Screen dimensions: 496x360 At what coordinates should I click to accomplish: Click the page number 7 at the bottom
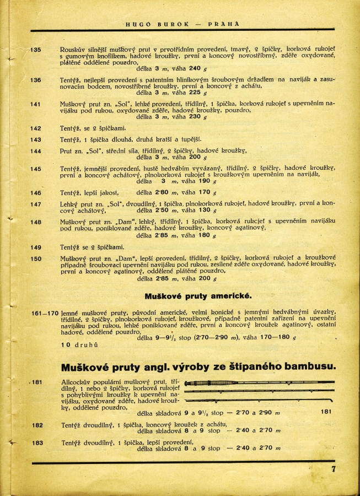pyautogui.click(x=334, y=469)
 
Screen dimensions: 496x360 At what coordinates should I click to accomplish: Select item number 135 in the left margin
pyautogui.click(x=35, y=50)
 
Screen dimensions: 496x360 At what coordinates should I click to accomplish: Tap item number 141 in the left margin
pyautogui.click(x=35, y=104)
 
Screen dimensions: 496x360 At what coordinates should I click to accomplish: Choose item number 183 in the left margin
pyautogui.click(x=37, y=442)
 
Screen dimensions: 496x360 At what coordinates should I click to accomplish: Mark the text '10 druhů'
pyautogui.click(x=79, y=345)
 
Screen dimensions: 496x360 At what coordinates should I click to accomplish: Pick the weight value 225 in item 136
pyautogui.click(x=195, y=93)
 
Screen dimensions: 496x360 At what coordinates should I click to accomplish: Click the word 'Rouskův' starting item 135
pyautogui.click(x=74, y=50)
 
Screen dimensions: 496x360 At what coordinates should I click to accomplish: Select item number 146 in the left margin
pyautogui.click(x=35, y=193)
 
